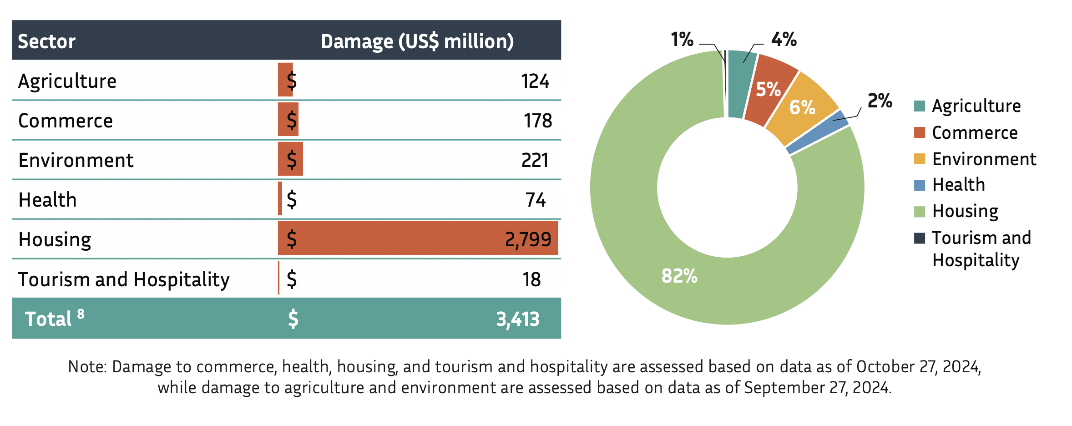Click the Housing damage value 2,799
click(x=528, y=239)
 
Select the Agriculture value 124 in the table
click(x=535, y=81)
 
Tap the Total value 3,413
click(x=518, y=319)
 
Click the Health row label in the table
click(x=47, y=200)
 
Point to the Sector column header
click(x=46, y=41)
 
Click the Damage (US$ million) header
click(x=417, y=41)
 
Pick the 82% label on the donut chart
click(x=679, y=276)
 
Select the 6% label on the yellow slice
click(x=802, y=107)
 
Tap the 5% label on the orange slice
click(x=768, y=89)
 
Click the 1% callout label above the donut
click(x=682, y=40)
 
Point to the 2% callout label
click(x=880, y=101)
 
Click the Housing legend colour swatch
click(x=920, y=212)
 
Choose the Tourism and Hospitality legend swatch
click(x=920, y=238)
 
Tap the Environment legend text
click(x=984, y=159)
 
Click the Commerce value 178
click(x=537, y=121)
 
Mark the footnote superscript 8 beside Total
click(x=81, y=313)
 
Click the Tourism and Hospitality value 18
click(x=531, y=279)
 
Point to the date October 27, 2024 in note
click(x=918, y=366)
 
